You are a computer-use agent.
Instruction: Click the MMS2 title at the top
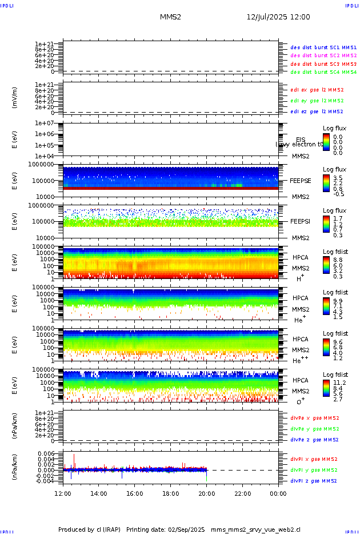click(x=170, y=17)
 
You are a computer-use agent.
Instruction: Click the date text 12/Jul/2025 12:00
click(x=278, y=17)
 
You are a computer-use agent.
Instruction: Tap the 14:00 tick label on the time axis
click(x=99, y=493)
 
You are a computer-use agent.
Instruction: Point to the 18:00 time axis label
click(x=171, y=493)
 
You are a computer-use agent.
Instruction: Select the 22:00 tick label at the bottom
click(x=242, y=493)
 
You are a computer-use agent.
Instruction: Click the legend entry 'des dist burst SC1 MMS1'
click(x=323, y=47)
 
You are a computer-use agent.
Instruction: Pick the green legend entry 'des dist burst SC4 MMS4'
click(x=323, y=73)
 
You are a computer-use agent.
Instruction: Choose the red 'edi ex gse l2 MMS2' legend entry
click(x=317, y=90)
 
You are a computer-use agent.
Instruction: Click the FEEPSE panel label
click(x=301, y=180)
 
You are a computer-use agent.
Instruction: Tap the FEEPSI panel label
click(x=301, y=221)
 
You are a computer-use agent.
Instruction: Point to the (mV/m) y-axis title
click(x=15, y=98)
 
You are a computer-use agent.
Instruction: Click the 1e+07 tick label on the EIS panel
click(x=45, y=123)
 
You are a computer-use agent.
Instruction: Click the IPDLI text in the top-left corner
click(x=7, y=5)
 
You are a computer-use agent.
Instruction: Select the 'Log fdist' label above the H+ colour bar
click(x=335, y=252)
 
